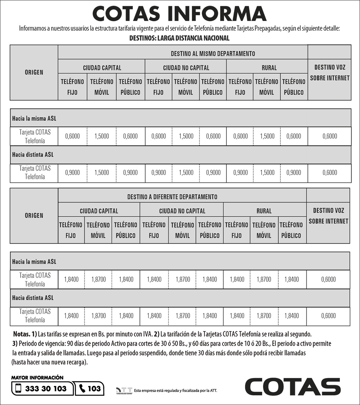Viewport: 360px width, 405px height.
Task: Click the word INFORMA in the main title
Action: pyautogui.click(x=216, y=14)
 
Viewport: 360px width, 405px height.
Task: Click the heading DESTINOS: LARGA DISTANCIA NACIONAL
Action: pyautogui.click(x=179, y=38)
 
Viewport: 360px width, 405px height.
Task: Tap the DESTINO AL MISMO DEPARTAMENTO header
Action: pyautogui.click(x=213, y=54)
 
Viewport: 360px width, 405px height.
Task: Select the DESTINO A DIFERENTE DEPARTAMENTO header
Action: pyautogui.click(x=172, y=197)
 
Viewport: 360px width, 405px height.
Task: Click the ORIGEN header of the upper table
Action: pyautogui.click(x=34, y=72)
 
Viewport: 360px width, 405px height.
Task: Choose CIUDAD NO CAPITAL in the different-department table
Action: pyautogui.click(x=182, y=211)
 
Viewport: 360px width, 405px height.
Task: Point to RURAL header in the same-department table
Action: pyautogui.click(x=269, y=68)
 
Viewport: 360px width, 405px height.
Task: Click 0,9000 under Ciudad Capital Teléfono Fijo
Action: pyautogui.click(x=72, y=172)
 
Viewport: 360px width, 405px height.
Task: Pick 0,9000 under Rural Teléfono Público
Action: pyautogui.click(x=294, y=172)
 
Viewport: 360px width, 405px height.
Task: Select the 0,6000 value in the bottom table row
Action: pyautogui.click(x=328, y=316)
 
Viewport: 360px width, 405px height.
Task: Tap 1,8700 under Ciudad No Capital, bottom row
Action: pyautogui.click(x=183, y=316)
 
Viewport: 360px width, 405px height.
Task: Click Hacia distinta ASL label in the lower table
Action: pyautogui.click(x=33, y=298)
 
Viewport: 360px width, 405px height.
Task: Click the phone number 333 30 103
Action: pyautogui.click(x=46, y=388)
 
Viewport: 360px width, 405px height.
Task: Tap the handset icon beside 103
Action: pyautogui.click(x=82, y=388)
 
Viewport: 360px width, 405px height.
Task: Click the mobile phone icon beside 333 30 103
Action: pyautogui.click(x=18, y=388)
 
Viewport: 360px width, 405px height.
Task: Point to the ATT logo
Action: pyautogui.click(x=124, y=390)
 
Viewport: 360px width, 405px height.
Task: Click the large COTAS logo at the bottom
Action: pyautogui.click(x=292, y=386)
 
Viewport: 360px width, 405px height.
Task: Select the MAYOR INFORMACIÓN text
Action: pyautogui.click(x=37, y=378)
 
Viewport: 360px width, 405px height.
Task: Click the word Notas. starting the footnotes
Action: pyautogui.click(x=21, y=334)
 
